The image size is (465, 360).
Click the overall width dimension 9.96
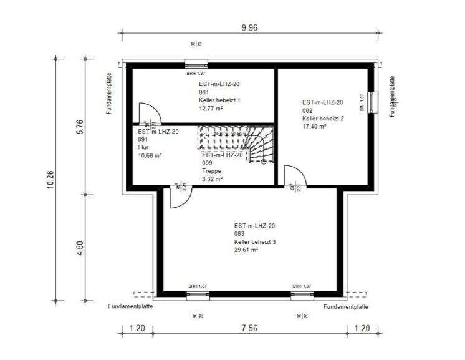pos(249,27)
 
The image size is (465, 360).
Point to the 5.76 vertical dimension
pos(80,127)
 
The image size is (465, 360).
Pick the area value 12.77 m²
pos(211,108)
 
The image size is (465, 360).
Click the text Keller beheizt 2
pos(323,118)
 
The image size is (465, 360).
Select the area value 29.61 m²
pos(246,249)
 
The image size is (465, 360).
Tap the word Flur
pos(143,147)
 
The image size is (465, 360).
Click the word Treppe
pos(211,170)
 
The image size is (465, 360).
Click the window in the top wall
pos(196,63)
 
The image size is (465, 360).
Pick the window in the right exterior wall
pos(373,101)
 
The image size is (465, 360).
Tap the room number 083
pos(240,233)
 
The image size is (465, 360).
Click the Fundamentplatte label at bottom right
pos(346,307)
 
